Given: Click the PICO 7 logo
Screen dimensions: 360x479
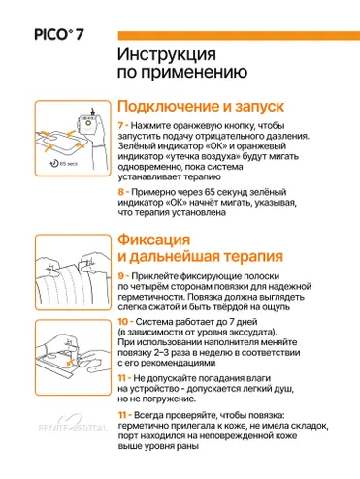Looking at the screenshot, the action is pos(59,35).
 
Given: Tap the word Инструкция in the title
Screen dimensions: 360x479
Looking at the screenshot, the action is pos(167,54).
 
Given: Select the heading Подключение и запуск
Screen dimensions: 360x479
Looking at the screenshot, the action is pos(201,107).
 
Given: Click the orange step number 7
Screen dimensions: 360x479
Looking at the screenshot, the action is pos(120,125).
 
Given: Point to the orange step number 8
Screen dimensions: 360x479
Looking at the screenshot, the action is pos(121,192).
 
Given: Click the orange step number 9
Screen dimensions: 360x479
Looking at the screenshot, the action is pos(121,276).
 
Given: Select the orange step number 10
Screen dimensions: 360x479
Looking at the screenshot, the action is pos(123,322).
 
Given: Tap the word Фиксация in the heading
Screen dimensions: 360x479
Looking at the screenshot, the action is pos(153,239).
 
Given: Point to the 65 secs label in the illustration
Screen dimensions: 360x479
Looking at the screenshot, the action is pos(68,164).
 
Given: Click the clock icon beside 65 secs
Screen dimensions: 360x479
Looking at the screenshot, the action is pos(54,163).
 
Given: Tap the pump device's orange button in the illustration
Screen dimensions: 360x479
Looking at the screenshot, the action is pos(88,123).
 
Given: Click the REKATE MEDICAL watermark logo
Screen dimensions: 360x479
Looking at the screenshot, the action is pos(73,424).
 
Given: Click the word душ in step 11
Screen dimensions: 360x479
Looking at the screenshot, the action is pos(283,389).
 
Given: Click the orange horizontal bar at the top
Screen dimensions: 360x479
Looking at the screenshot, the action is pos(239,35).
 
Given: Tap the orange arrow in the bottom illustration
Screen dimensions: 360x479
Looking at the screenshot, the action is pos(70,363).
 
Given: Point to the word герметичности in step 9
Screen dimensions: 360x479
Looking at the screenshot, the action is pos(152,297).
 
